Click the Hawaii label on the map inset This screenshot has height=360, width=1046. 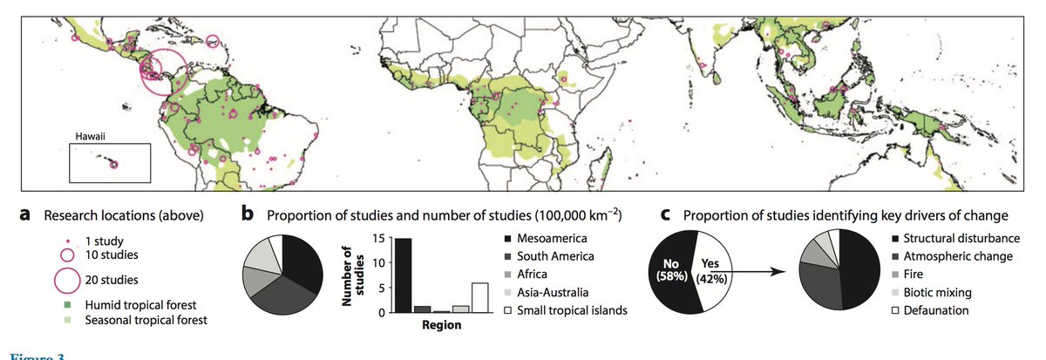coord(89,137)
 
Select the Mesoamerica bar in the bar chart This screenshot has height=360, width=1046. coord(404,275)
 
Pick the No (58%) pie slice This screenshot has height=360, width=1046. coord(672,271)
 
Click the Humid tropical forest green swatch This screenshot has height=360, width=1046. coord(66,304)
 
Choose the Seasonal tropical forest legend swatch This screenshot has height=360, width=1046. coord(66,320)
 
